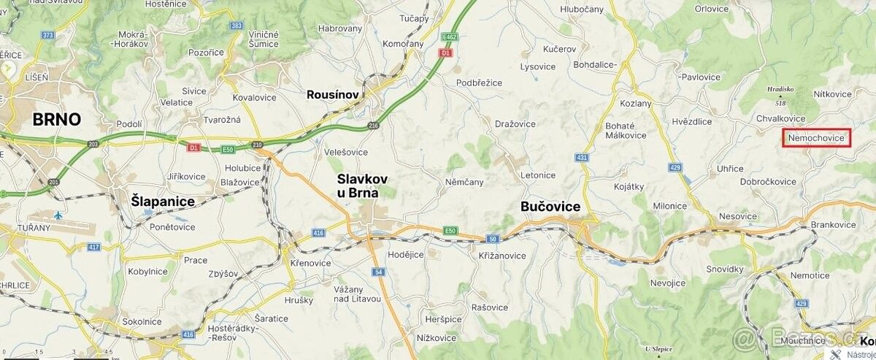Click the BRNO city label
[55, 120]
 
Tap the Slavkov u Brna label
[362, 185]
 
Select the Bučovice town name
[550, 207]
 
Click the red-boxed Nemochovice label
[817, 138]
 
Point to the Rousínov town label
[331, 94]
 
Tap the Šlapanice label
[162, 201]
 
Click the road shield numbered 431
[582, 157]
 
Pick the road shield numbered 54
[378, 272]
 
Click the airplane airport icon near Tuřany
[58, 215]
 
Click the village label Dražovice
[515, 124]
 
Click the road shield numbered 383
[236, 26]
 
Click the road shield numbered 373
[48, 34]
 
